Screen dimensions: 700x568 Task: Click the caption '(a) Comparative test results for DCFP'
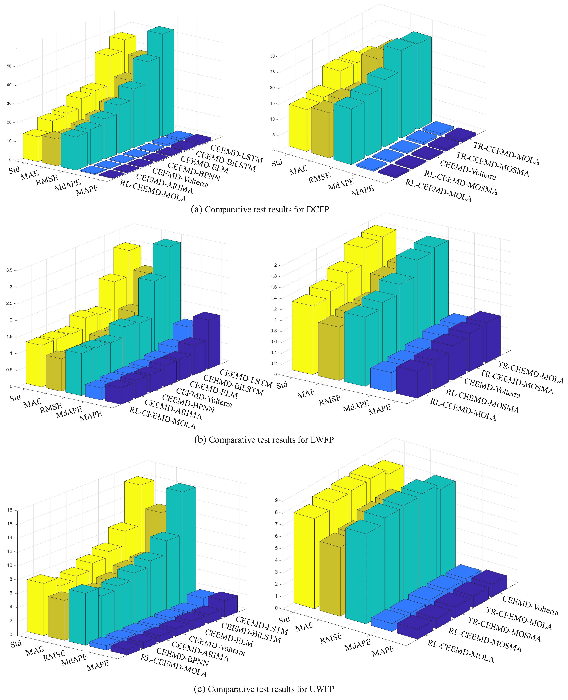tap(260, 209)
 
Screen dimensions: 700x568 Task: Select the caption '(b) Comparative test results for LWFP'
tap(264, 440)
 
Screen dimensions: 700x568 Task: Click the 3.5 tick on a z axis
tap(9, 270)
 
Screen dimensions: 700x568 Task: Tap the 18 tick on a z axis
tap(9, 510)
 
